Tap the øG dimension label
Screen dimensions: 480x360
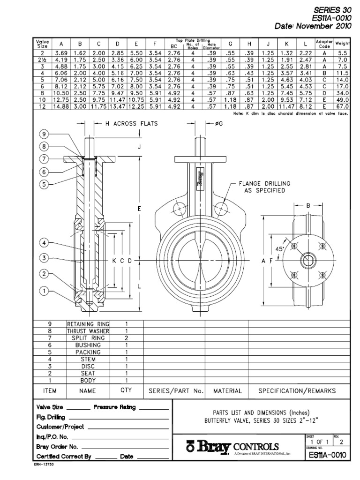tap(212, 123)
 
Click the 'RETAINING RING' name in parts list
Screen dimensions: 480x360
tap(88, 324)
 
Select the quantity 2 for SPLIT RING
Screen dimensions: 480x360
tap(126, 337)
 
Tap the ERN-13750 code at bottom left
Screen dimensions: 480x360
tap(45, 471)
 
